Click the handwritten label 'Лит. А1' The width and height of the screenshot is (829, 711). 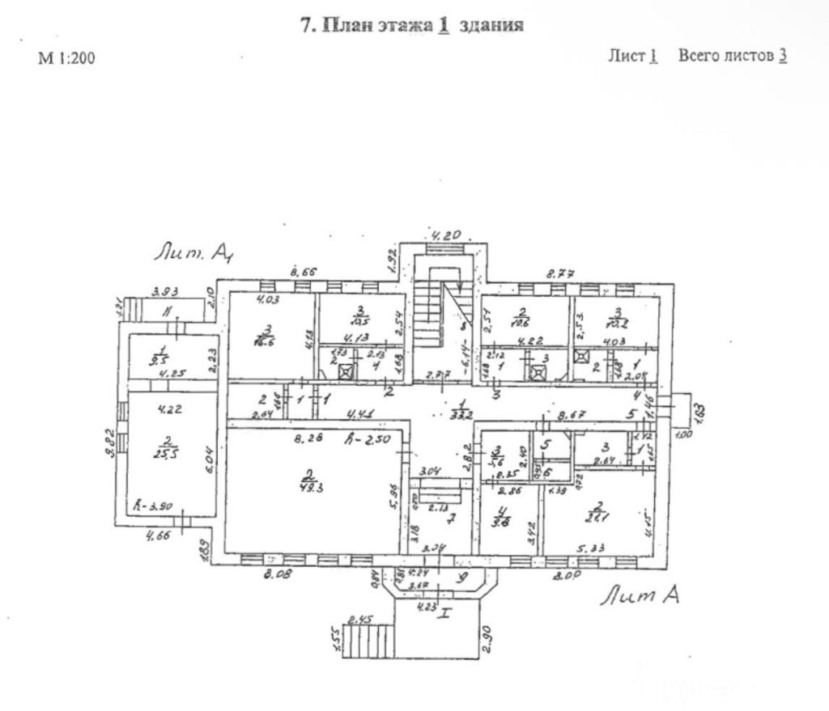tap(194, 253)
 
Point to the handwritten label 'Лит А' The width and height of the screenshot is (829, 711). tap(639, 596)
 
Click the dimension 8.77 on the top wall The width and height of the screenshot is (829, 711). tap(556, 274)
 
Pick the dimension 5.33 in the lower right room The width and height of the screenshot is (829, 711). tap(593, 548)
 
